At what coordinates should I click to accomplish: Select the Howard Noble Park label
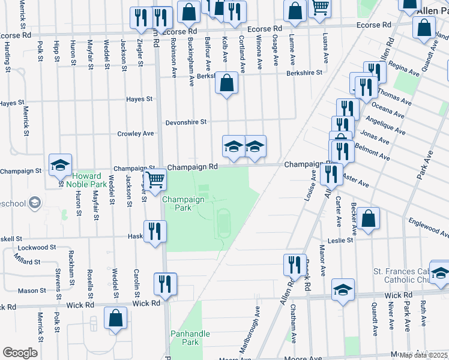pyautogui.click(x=87, y=179)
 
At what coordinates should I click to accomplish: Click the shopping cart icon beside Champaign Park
pyautogui.click(x=155, y=179)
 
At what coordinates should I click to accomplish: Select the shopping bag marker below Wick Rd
pyautogui.click(x=115, y=318)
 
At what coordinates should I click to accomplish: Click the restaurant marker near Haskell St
pyautogui.click(x=154, y=231)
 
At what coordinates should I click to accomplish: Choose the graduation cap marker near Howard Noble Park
pyautogui.click(x=60, y=165)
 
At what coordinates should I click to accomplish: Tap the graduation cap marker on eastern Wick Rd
pyautogui.click(x=343, y=290)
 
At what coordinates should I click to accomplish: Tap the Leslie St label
pyautogui.click(x=340, y=240)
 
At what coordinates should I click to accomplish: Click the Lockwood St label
pyautogui.click(x=37, y=247)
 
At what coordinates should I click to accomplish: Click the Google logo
pyautogui.click(x=20, y=352)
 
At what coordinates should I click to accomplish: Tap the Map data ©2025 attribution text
pyautogui.click(x=423, y=355)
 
